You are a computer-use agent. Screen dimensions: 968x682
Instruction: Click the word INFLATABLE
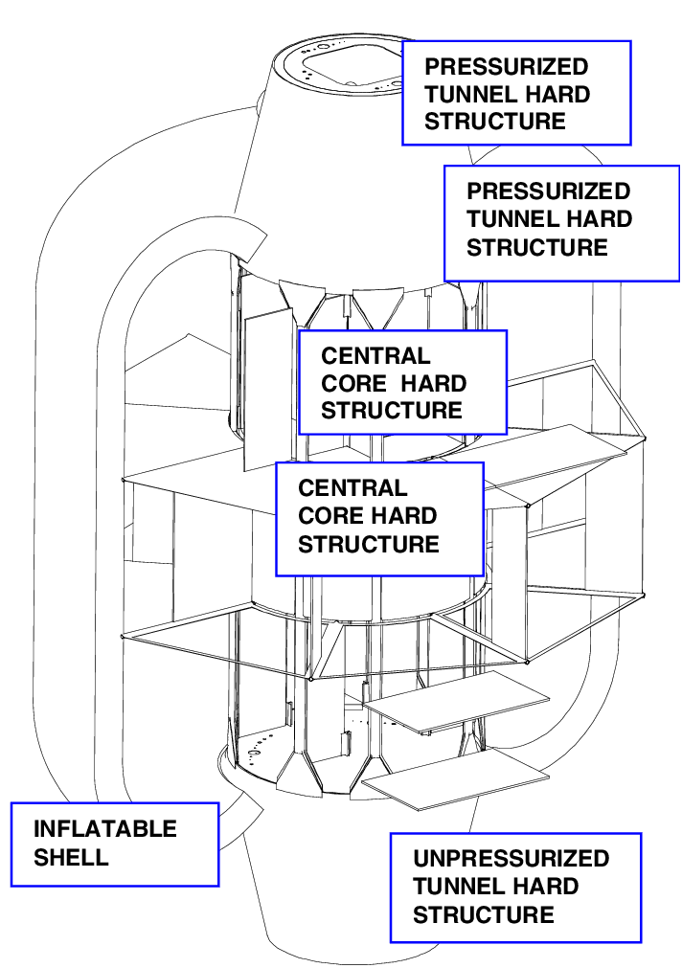click(105, 828)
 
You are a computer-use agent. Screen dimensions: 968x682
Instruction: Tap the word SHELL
click(71, 856)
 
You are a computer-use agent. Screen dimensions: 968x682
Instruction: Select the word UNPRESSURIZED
click(511, 858)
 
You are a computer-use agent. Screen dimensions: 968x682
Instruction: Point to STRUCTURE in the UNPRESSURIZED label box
click(483, 914)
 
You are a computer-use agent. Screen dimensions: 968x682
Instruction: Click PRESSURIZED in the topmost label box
click(506, 67)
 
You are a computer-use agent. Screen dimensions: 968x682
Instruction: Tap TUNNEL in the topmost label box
click(467, 95)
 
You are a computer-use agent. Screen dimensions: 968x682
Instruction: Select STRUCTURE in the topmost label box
click(494, 123)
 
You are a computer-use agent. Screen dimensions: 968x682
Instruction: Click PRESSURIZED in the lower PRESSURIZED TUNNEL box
click(548, 191)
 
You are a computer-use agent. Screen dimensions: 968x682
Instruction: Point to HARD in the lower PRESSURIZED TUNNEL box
click(596, 219)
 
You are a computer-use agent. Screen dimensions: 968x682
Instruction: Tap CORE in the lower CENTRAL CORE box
click(329, 516)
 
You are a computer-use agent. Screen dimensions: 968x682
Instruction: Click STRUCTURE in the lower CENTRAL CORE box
click(368, 544)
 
